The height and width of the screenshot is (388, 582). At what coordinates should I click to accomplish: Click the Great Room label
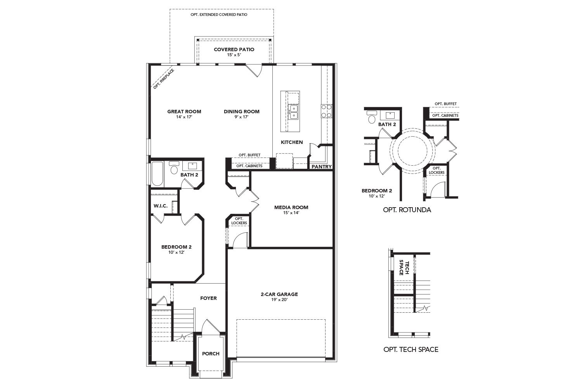(x=184, y=111)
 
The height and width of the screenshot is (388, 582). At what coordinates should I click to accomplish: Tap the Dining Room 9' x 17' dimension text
(x=242, y=117)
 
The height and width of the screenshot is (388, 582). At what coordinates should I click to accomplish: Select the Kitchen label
(x=292, y=142)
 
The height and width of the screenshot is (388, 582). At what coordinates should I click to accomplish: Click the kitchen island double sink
(x=294, y=112)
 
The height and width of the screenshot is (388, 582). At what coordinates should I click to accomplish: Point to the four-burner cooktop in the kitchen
(x=327, y=111)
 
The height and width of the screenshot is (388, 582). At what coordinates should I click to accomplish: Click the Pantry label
(x=322, y=166)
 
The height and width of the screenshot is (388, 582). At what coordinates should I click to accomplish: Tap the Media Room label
(x=291, y=207)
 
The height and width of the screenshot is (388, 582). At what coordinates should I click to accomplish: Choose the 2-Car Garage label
(x=279, y=294)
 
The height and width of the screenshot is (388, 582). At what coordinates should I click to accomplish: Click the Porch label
(x=211, y=354)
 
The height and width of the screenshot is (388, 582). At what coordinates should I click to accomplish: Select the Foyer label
(x=208, y=298)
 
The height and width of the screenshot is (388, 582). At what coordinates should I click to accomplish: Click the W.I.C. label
(x=161, y=206)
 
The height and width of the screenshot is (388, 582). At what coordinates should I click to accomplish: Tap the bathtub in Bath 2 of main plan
(x=157, y=174)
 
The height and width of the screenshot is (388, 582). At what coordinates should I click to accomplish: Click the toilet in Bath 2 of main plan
(x=174, y=168)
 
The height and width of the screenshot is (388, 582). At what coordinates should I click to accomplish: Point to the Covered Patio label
(x=234, y=49)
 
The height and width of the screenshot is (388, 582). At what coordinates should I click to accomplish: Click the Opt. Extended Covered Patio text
(x=219, y=15)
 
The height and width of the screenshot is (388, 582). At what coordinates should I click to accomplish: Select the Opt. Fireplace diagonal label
(x=164, y=79)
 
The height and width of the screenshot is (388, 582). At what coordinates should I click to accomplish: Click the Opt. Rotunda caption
(x=407, y=210)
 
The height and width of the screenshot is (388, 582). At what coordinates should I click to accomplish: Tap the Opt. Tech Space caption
(x=411, y=350)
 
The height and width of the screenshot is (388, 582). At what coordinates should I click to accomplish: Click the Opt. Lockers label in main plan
(x=239, y=221)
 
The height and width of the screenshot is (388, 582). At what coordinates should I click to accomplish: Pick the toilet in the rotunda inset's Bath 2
(x=372, y=117)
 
